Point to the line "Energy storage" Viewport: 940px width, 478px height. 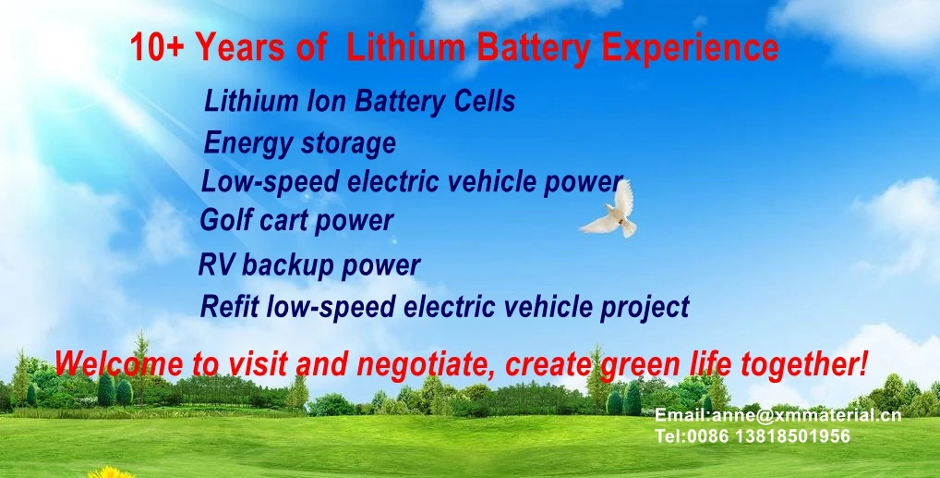click(x=299, y=143)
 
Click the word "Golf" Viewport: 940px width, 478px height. click(x=226, y=221)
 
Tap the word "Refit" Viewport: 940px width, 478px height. click(x=229, y=305)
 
